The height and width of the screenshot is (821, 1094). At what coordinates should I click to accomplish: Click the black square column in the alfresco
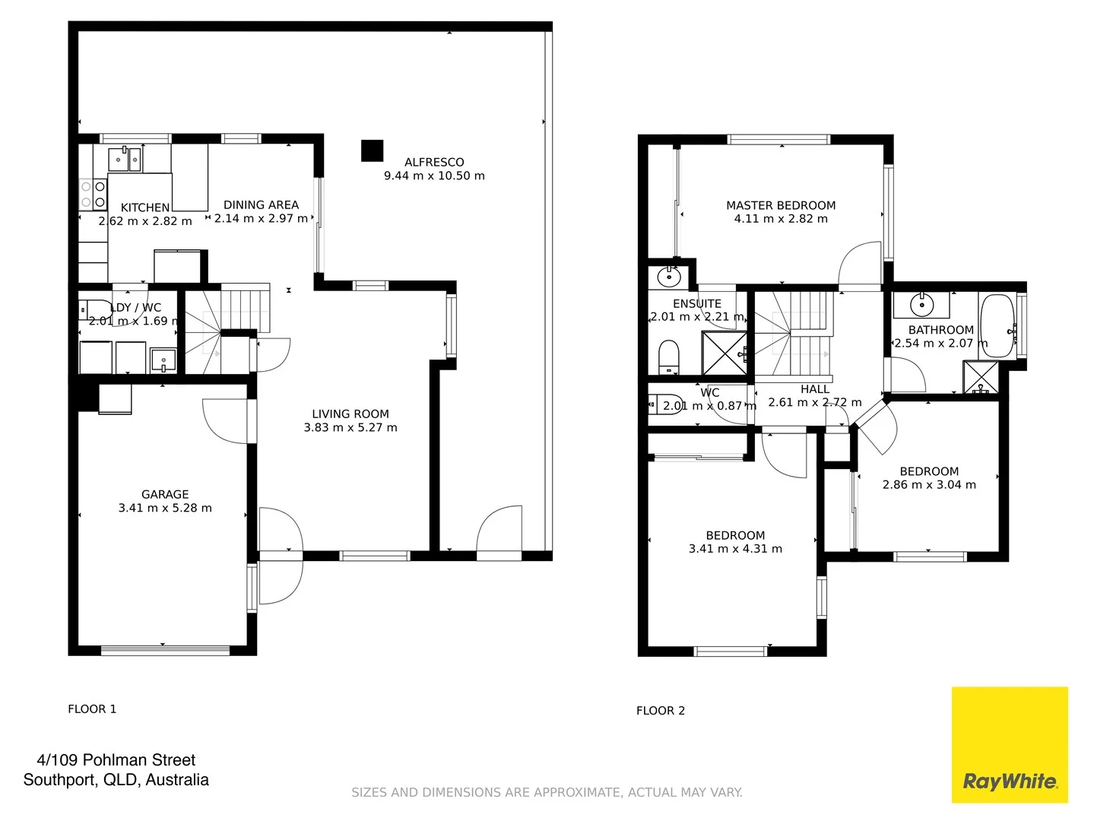click(372, 151)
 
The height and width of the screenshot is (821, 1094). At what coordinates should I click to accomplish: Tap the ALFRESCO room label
click(434, 162)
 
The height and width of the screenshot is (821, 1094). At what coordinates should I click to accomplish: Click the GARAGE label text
click(165, 494)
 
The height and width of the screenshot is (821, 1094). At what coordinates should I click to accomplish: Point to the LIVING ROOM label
click(350, 414)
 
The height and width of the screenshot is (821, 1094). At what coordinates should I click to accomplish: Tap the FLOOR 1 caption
click(92, 709)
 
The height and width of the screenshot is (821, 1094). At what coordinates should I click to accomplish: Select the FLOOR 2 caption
click(661, 711)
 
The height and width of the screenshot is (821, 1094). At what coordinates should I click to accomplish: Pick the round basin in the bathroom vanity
click(921, 305)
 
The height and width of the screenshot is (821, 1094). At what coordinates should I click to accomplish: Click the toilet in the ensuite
click(668, 356)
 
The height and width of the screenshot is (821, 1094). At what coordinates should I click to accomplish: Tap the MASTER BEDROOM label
click(781, 205)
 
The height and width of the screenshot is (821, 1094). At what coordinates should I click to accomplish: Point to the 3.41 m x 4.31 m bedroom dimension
click(735, 549)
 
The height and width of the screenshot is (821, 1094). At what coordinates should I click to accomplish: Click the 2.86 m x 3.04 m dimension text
click(929, 485)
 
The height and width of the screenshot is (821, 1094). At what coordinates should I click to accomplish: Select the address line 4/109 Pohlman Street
click(116, 760)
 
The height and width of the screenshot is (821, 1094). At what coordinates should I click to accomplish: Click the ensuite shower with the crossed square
click(723, 353)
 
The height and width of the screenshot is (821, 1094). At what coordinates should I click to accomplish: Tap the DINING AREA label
click(261, 204)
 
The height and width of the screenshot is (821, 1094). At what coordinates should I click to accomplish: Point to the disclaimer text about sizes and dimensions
click(547, 792)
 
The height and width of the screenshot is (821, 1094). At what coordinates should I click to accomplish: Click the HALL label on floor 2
click(815, 389)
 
